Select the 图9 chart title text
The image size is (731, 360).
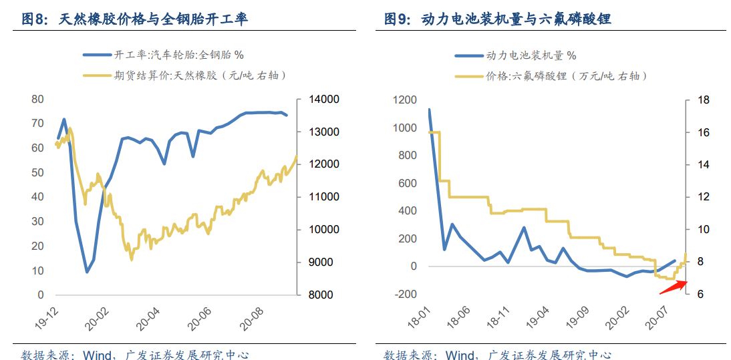498,19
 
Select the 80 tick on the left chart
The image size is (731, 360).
37,100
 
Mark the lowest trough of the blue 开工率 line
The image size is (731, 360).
87,272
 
